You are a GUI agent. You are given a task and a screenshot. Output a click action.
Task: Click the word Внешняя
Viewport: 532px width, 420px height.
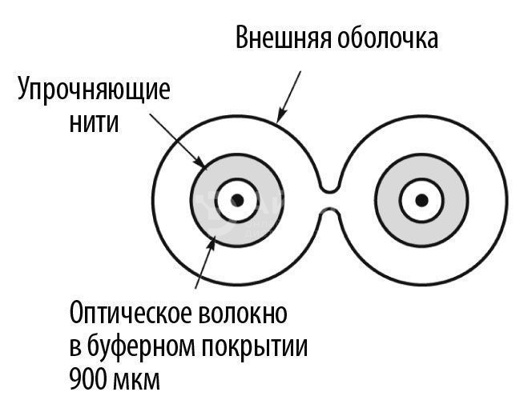pyautogui.click(x=283, y=38)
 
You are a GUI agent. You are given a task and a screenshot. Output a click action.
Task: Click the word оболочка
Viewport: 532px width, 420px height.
pyautogui.click(x=388, y=38)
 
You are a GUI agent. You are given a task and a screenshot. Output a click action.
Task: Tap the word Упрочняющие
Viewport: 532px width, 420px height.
pyautogui.click(x=94, y=90)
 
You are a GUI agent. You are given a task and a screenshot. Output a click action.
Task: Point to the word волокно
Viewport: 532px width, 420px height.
pyautogui.click(x=241, y=314)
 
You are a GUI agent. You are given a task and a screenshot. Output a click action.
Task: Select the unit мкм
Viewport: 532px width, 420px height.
pyautogui.click(x=135, y=381)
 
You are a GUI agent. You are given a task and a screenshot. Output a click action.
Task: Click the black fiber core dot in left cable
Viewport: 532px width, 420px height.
pyautogui.click(x=237, y=201)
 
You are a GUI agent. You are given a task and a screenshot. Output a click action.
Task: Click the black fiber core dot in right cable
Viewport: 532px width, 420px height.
pyautogui.click(x=421, y=201)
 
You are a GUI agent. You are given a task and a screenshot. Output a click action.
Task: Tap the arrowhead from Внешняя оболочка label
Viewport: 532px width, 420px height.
pyautogui.click(x=280, y=116)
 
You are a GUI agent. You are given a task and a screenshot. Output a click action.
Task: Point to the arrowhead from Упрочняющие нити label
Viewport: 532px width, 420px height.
pyautogui.click(x=201, y=162)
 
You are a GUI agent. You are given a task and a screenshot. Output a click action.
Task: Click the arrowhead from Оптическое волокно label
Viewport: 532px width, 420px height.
pyautogui.click(x=212, y=242)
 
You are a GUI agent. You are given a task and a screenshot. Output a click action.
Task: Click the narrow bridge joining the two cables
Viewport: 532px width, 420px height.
pyautogui.click(x=328, y=201)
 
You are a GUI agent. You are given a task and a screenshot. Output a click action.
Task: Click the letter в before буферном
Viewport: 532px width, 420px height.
pyautogui.click(x=75, y=349)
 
